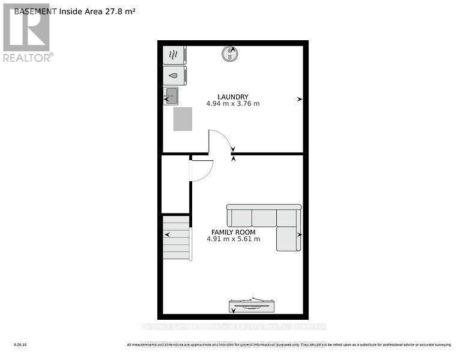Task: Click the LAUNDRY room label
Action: pyautogui.click(x=233, y=97)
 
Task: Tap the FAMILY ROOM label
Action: pyautogui.click(x=233, y=232)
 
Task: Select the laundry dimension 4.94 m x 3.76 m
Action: pyautogui.click(x=233, y=104)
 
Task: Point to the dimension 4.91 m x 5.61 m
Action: pyautogui.click(x=233, y=239)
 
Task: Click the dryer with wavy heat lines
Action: pyautogui.click(x=174, y=55)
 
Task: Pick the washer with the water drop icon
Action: pyautogui.click(x=174, y=76)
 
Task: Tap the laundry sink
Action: pyautogui.click(x=171, y=95)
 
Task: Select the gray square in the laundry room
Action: pyautogui.click(x=184, y=118)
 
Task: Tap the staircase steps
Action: pyautogui.click(x=177, y=238)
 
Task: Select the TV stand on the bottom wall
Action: pyautogui.click(x=251, y=306)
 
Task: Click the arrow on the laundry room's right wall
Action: pyautogui.click(x=299, y=100)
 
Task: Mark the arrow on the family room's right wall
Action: pyautogui.click(x=299, y=235)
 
